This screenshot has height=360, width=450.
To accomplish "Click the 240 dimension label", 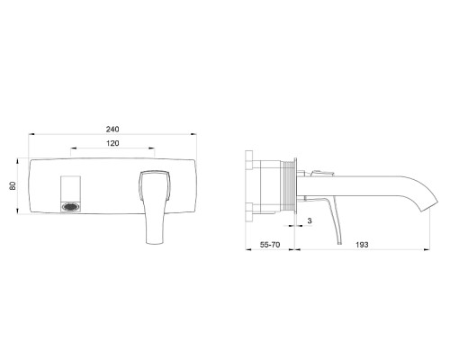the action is tap(112, 129).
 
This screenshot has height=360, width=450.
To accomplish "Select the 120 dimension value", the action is tap(112, 143).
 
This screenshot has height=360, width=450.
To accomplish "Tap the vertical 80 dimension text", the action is tap(13, 185).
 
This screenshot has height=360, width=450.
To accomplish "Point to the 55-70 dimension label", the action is tap(270, 245).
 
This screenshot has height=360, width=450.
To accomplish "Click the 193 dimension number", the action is tap(362, 245).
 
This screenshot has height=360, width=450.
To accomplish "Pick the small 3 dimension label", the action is tap(310, 220).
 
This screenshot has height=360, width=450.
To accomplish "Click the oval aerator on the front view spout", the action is tap(71, 207).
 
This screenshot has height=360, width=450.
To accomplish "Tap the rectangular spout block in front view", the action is tap(71, 194).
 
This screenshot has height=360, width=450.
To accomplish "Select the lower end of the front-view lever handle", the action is tap(155, 242).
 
